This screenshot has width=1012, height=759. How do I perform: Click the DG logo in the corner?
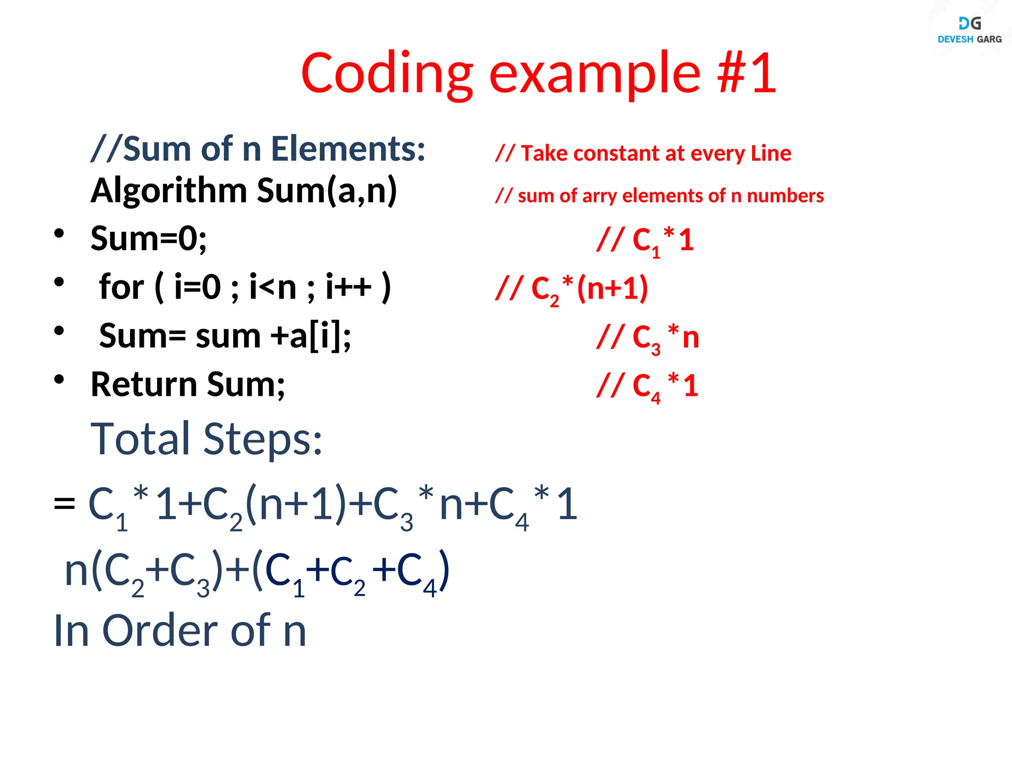(970, 23)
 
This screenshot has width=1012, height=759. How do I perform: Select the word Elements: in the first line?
(348, 149)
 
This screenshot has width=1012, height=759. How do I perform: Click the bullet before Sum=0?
(59, 233)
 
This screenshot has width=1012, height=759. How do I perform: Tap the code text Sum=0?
(148, 238)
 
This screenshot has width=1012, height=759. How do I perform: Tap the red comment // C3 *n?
(647, 338)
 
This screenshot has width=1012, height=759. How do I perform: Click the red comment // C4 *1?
(647, 386)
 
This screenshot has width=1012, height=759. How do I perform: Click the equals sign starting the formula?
(64, 505)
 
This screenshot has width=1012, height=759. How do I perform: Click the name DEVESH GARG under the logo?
(970, 40)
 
